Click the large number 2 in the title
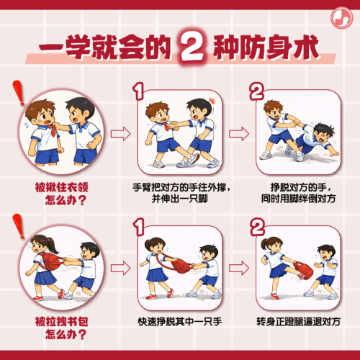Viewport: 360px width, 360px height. [x=193, y=46]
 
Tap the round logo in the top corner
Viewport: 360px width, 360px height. [x=341, y=18]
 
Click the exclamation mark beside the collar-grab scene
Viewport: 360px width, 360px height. [x=19, y=93]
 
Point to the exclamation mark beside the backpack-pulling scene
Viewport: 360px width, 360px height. [x=19, y=226]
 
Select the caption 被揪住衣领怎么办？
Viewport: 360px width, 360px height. [x=62, y=194]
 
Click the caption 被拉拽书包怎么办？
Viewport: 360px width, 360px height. [x=62, y=328]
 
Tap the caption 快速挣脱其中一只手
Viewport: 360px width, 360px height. [x=180, y=322]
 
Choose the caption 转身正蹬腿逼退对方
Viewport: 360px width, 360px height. [x=298, y=322]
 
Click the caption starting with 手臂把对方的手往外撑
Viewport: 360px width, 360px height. [x=181, y=193]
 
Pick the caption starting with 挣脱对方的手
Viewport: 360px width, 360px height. [x=298, y=193]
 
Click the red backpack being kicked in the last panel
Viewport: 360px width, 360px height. [x=303, y=270]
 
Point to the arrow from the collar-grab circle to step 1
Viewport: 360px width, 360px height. [x=120, y=134]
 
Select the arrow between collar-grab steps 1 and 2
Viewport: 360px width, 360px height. [x=239, y=134]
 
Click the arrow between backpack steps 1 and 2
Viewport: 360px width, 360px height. [x=239, y=268]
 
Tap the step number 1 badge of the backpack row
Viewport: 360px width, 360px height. [x=139, y=227]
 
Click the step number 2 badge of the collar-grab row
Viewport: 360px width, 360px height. [x=256, y=91]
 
